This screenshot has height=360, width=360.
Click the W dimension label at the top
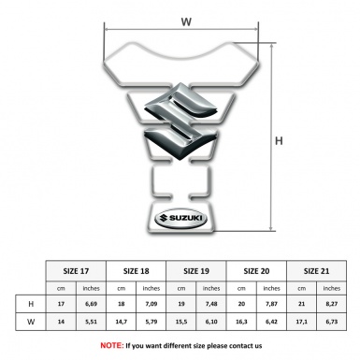[x=186, y=16]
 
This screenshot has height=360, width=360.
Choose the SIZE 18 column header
[x=137, y=269]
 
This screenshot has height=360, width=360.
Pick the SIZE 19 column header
[x=197, y=269]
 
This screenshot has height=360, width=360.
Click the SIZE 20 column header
[x=257, y=269]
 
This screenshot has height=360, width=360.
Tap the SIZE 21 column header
[x=317, y=269]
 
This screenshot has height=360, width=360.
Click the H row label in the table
[x=31, y=304]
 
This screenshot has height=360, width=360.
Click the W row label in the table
[x=31, y=324]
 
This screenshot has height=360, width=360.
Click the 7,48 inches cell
[x=213, y=304]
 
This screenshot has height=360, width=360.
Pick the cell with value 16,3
[x=242, y=324]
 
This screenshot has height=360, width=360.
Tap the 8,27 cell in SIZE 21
[x=333, y=304]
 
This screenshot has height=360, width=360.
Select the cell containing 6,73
[x=333, y=324]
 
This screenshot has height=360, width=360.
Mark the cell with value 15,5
[x=182, y=324]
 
